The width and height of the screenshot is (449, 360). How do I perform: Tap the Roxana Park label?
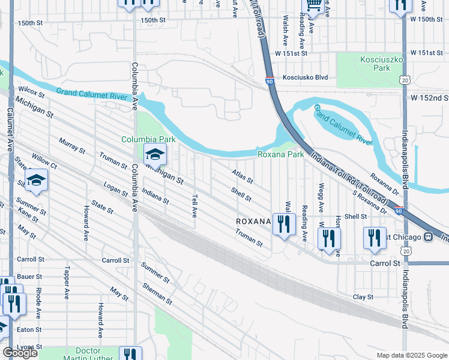[280, 154]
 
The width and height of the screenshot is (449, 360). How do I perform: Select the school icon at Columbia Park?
[155, 155]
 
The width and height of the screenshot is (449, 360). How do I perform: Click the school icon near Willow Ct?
[36, 180]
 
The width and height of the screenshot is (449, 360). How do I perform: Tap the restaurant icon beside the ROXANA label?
[284, 224]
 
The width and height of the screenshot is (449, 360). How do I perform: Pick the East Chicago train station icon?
[428, 236]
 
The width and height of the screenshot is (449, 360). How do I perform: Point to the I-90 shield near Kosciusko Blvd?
[268, 80]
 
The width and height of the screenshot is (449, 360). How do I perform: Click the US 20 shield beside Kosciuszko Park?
[406, 80]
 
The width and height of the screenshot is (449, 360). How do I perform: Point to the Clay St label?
[363, 297]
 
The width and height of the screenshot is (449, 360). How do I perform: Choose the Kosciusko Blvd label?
[305, 77]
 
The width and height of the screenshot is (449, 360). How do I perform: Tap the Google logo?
[20, 353]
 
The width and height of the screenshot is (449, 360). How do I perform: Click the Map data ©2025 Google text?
[411, 355]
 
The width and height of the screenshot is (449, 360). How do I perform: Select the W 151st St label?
[291, 53]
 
